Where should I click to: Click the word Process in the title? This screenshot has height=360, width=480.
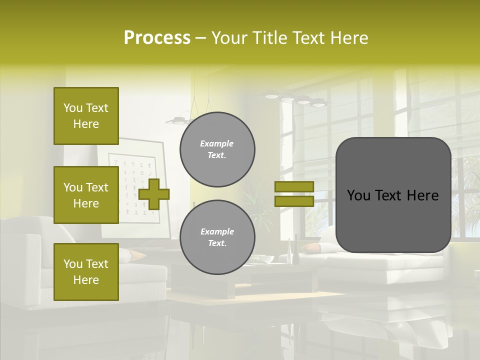pos(157,38)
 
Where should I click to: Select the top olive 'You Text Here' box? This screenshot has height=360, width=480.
pos(86,116)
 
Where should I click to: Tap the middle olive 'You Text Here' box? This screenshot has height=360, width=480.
pos(86,195)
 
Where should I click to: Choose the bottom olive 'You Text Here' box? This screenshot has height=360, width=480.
pos(86,271)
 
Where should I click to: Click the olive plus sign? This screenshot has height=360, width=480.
pos(154,194)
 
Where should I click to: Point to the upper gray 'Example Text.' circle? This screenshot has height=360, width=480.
pos(217,149)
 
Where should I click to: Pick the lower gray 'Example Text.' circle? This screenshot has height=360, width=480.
pos(217,237)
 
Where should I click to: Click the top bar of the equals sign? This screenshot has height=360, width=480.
pos(294,187)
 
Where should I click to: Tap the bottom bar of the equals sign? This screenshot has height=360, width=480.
pos(294,201)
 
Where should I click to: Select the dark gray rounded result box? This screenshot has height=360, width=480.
pos(393,195)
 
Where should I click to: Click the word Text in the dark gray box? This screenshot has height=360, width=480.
pos(392,195)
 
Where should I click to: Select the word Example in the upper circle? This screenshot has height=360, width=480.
pos(217,143)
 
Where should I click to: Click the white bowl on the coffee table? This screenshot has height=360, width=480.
pos(265,259)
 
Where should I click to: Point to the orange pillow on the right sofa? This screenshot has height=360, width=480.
pos(311,247)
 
